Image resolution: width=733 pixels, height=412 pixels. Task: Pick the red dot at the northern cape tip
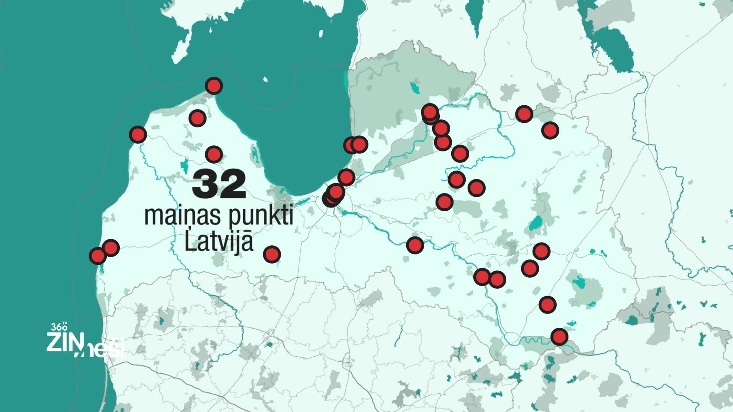(214, 86)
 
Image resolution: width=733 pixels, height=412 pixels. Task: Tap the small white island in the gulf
(266, 80)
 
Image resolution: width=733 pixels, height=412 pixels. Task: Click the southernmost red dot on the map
(559, 336)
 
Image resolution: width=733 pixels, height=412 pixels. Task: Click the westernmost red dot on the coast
(97, 256)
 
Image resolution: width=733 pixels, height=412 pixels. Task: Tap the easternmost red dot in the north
(550, 130)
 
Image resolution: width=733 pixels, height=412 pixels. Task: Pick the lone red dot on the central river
(415, 245)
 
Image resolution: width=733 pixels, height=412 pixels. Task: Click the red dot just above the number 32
(214, 154)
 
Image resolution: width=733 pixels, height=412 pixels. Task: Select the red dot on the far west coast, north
(137, 134)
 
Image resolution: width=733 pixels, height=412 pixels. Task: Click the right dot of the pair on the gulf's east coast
(359, 144)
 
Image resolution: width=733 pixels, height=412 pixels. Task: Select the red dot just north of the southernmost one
(547, 304)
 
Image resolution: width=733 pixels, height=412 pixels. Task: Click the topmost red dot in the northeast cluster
(430, 112)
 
